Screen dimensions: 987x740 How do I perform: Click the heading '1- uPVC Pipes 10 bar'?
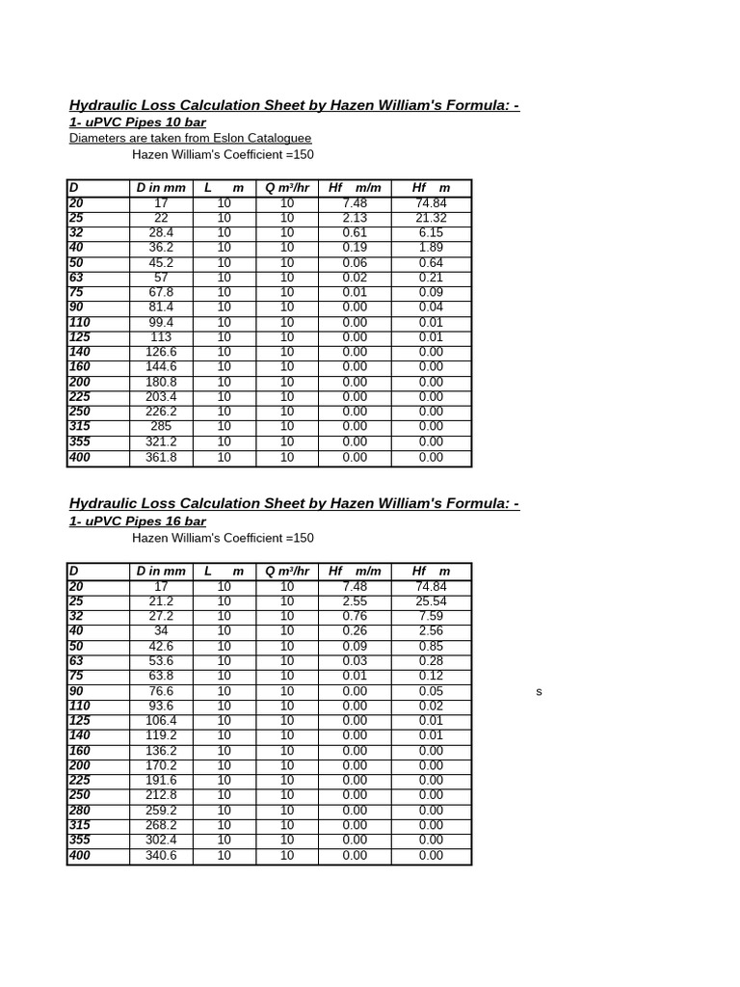click(x=137, y=122)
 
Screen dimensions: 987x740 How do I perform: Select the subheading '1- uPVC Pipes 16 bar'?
click(x=137, y=521)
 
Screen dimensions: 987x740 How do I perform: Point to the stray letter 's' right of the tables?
click(x=540, y=692)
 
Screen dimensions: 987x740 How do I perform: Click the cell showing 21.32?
click(x=431, y=219)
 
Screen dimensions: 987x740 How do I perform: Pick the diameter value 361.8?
click(x=161, y=458)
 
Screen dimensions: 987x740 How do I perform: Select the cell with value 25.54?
click(x=431, y=601)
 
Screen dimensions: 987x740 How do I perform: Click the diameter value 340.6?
click(x=161, y=856)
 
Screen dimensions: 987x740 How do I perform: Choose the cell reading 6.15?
click(x=431, y=233)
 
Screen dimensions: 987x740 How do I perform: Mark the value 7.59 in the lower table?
click(x=431, y=617)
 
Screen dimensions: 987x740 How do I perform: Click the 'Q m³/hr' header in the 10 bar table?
click(x=287, y=188)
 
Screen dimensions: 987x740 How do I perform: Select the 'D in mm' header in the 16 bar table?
click(x=161, y=572)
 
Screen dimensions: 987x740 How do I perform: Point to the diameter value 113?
click(x=161, y=337)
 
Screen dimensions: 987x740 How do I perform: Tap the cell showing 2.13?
click(x=355, y=219)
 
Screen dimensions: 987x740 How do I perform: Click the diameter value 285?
click(x=161, y=427)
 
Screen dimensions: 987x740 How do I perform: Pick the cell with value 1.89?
click(x=431, y=248)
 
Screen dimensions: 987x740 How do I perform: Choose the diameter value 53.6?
click(x=161, y=661)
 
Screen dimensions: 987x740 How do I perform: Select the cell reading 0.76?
click(x=355, y=617)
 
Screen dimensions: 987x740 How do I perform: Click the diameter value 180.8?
click(x=161, y=383)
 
